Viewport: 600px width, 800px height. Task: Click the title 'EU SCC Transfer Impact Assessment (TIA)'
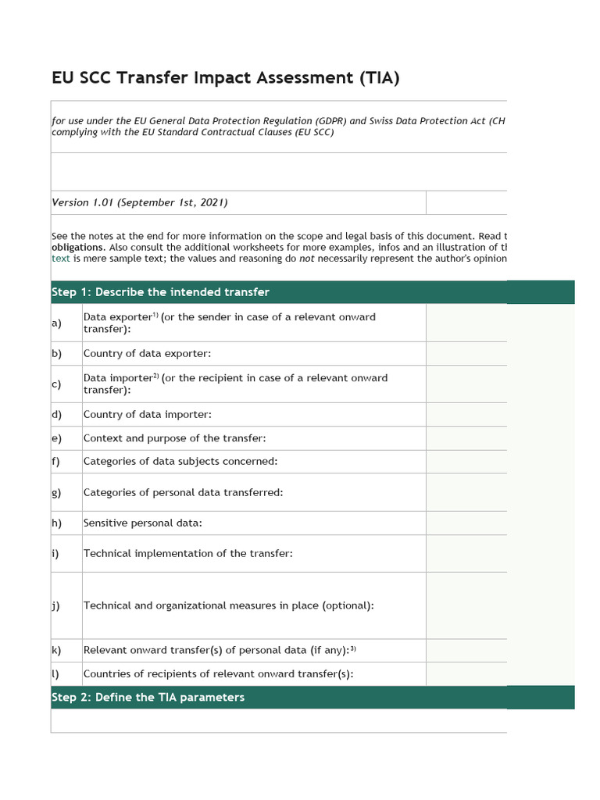[226, 78]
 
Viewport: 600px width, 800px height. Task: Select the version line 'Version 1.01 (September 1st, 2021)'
[140, 202]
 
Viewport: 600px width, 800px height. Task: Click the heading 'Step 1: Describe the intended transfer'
[160, 292]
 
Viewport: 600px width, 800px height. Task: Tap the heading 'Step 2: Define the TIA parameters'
[148, 697]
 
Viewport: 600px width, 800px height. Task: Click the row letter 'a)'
[56, 323]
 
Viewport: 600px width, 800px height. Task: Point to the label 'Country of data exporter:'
[147, 353]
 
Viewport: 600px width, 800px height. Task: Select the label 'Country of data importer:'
[147, 414]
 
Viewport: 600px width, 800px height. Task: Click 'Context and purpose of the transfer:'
[174, 438]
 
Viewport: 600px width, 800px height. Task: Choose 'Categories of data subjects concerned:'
[180, 461]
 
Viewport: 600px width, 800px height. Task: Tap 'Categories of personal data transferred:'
[183, 492]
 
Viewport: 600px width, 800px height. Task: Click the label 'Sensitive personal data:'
[142, 523]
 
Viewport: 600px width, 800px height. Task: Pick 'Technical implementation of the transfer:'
[187, 553]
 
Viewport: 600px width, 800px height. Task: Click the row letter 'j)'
[56, 605]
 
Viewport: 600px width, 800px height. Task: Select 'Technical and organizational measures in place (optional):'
[228, 605]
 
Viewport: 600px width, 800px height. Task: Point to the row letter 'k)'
[56, 650]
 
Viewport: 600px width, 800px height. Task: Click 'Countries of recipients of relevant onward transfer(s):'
[218, 674]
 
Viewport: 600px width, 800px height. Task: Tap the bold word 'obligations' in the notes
[77, 247]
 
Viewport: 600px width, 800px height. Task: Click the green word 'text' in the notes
[61, 259]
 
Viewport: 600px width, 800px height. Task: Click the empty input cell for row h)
[466, 523]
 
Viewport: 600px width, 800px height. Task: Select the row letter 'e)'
[56, 438]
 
